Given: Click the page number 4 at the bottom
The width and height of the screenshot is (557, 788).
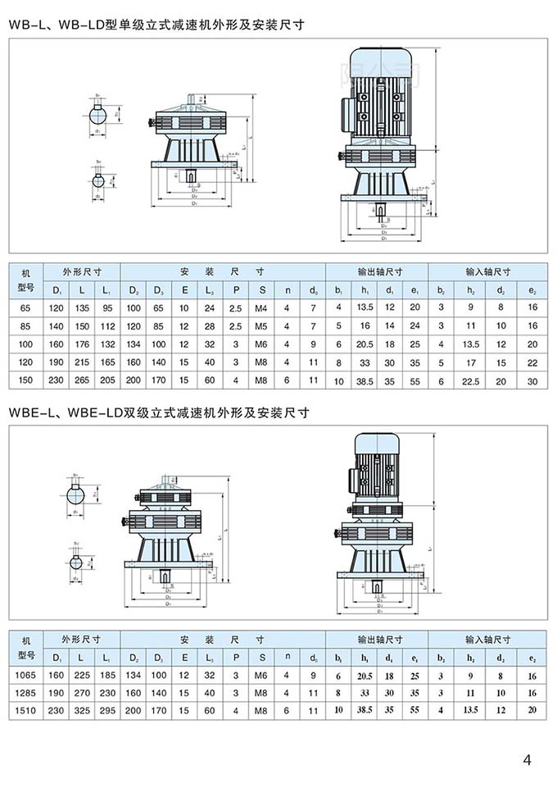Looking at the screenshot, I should (x=527, y=759).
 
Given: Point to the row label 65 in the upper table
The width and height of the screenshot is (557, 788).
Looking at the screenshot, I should (x=25, y=307).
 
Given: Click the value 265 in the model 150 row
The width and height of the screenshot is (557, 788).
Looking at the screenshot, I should (x=81, y=380).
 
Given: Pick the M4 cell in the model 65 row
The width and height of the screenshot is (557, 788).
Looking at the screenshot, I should (x=261, y=307).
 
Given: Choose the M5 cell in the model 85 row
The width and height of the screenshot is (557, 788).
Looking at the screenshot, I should (x=261, y=325).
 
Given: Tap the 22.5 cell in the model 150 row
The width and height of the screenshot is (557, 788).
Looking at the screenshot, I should (x=472, y=380).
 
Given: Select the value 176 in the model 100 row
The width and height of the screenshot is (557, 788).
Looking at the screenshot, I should (x=81, y=344).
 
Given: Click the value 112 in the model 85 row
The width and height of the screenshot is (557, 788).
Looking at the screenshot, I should (x=106, y=325).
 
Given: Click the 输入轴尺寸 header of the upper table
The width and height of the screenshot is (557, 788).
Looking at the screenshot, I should (x=488, y=271).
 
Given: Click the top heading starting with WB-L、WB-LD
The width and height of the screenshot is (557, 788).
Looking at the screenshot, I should (x=156, y=25).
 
